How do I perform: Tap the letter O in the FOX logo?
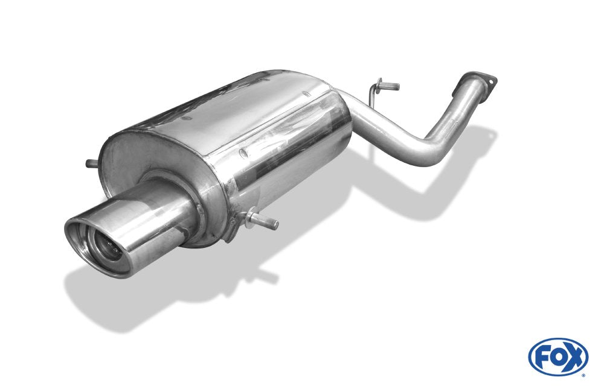pos(557,356)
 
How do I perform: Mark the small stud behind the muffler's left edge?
pos(91,163)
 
